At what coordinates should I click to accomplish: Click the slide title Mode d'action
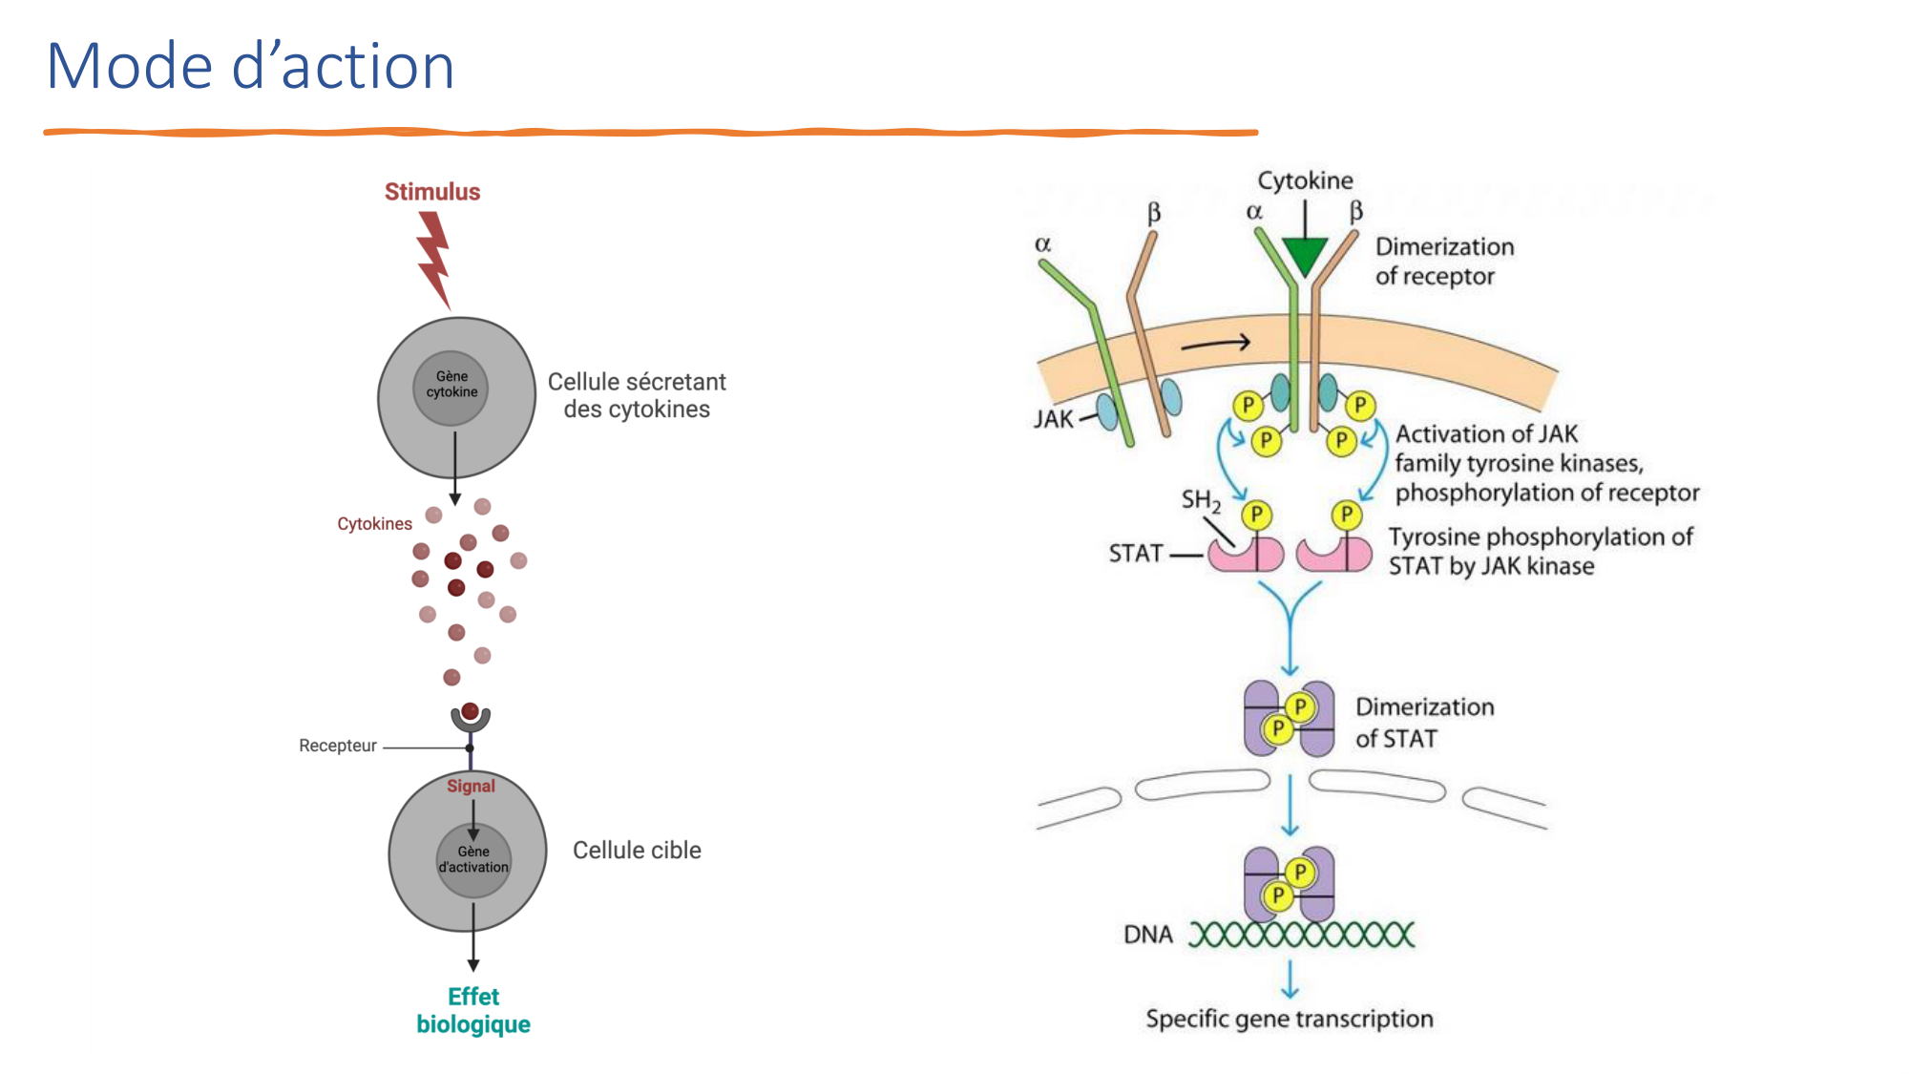tap(250, 67)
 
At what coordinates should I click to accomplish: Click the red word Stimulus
tap(432, 192)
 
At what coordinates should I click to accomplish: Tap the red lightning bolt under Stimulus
tap(434, 258)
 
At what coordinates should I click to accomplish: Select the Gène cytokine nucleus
tap(451, 386)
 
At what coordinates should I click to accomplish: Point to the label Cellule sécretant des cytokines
tap(637, 395)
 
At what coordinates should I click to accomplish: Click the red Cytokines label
tap(374, 524)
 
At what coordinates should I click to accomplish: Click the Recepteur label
tap(337, 746)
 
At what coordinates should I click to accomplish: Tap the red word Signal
tap(471, 786)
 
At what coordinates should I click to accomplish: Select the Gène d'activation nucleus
tap(473, 860)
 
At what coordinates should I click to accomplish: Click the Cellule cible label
tap(637, 851)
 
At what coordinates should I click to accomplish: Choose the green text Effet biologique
tap(473, 1010)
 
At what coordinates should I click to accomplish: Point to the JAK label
tap(1054, 419)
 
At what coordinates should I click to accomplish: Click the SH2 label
tap(1200, 500)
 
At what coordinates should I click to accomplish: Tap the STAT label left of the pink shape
tap(1136, 554)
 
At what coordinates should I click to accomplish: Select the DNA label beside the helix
tap(1147, 935)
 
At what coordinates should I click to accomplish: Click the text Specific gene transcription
tap(1290, 1019)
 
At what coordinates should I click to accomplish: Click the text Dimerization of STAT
tap(1424, 723)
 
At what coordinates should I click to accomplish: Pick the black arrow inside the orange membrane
tap(1215, 344)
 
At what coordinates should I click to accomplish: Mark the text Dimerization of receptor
tap(1444, 262)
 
